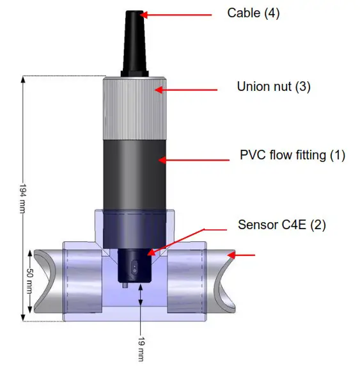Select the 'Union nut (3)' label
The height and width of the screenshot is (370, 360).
point(273,86)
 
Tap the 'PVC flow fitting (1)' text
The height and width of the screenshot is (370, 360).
point(292,154)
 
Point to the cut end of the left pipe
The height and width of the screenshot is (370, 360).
point(48,278)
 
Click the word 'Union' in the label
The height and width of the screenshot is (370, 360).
point(251,86)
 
